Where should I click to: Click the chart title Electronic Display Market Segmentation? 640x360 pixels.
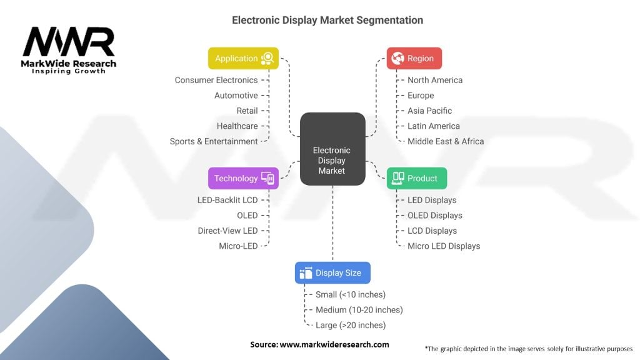point(327,20)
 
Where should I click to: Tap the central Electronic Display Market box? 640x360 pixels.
point(332,149)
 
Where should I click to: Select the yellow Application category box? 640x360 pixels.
point(243,58)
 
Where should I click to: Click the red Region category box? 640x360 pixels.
point(414,58)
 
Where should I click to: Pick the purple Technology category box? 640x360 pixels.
point(243,178)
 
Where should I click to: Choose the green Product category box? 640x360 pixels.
point(416,178)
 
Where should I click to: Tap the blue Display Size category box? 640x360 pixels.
point(332,273)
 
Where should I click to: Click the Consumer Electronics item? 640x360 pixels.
point(216,80)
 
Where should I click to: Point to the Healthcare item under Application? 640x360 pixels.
point(237,126)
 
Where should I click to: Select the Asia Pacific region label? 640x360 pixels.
point(429,111)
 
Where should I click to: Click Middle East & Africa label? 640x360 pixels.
point(446,141)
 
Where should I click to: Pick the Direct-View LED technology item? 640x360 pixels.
point(227,231)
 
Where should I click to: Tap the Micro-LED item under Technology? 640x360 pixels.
point(238,246)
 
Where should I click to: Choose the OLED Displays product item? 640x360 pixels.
point(435,216)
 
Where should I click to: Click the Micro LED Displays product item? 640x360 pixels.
point(444,246)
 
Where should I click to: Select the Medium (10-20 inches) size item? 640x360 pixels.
point(359,310)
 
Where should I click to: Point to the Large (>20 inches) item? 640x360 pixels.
point(351,325)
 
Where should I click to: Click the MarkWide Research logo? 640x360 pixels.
point(69,50)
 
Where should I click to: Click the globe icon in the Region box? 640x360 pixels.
point(397,58)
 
